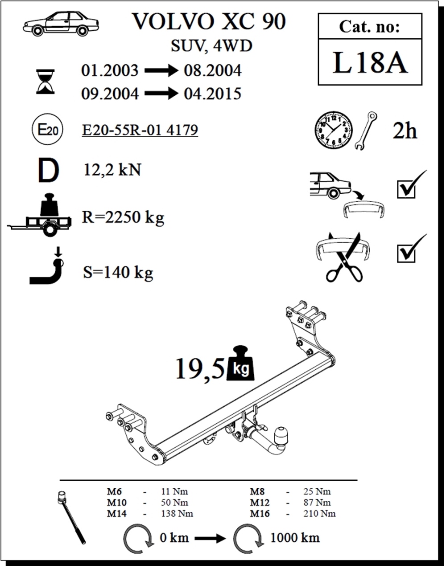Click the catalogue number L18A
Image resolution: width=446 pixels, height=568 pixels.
click(x=370, y=63)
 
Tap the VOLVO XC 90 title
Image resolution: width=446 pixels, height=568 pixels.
click(x=209, y=21)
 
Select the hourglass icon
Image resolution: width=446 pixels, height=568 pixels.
click(x=45, y=82)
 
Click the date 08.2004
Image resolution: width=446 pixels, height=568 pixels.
click(x=213, y=70)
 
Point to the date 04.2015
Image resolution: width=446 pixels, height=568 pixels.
click(x=212, y=94)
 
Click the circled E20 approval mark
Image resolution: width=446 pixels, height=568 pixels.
click(x=47, y=129)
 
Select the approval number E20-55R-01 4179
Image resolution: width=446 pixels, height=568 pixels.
click(x=140, y=130)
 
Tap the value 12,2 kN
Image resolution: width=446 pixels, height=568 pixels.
click(x=112, y=170)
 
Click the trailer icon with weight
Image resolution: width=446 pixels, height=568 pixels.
click(x=40, y=215)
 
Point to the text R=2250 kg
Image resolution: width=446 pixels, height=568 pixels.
click(x=123, y=217)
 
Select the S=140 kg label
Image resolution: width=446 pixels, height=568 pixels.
click(x=118, y=272)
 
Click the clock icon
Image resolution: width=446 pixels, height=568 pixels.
click(x=334, y=131)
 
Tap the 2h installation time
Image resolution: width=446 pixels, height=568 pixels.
click(x=405, y=131)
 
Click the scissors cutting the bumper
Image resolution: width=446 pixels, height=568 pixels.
click(x=344, y=257)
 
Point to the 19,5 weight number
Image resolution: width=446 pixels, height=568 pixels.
click(x=200, y=369)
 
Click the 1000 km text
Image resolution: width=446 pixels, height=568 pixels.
click(x=295, y=538)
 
